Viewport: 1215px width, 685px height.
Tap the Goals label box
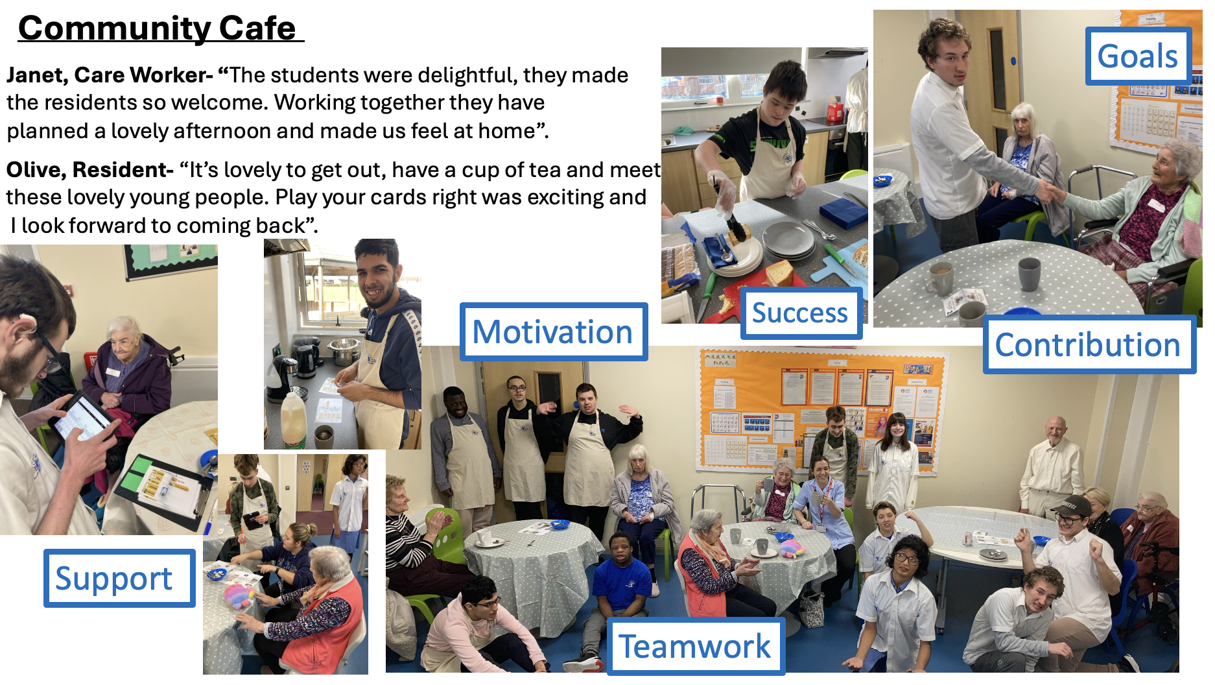(x=1138, y=56)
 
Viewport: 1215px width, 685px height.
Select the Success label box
(x=801, y=313)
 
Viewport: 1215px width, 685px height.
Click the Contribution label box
(x=1089, y=344)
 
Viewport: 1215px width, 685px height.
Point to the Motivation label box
(x=553, y=331)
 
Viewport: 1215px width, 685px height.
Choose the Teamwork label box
(x=696, y=646)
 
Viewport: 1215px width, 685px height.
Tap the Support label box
(x=119, y=578)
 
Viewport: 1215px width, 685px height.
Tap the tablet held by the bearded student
(x=84, y=416)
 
